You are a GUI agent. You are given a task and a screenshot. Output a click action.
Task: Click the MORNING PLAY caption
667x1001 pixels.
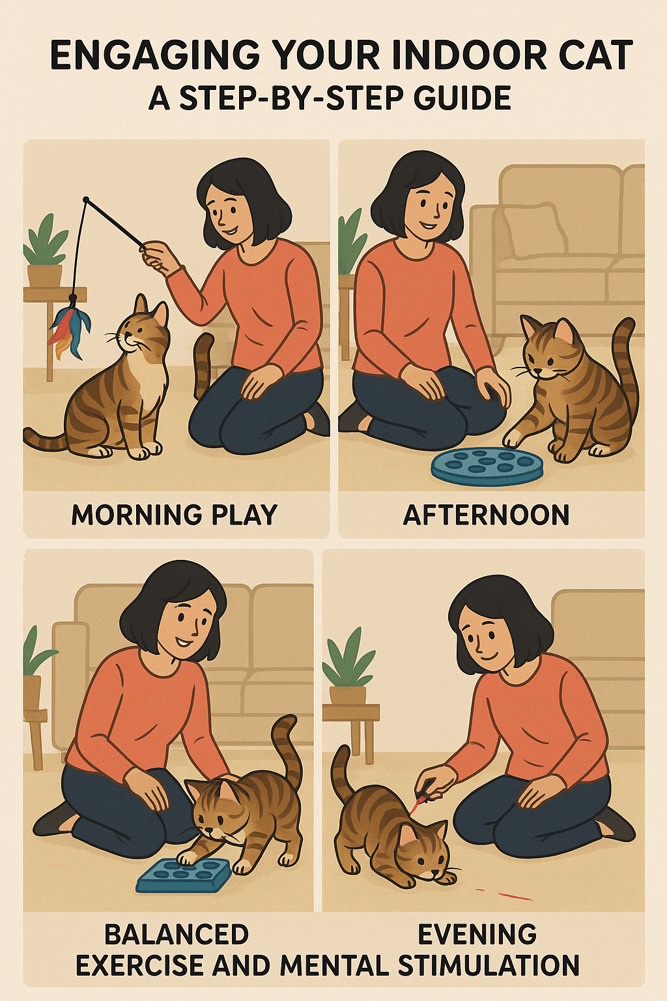point(174,515)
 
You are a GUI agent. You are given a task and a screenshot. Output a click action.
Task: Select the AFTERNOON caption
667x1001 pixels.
point(486,515)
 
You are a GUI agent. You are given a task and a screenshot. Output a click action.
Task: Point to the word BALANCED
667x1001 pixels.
point(176,935)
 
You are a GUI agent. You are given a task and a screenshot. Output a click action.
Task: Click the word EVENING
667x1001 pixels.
point(477,935)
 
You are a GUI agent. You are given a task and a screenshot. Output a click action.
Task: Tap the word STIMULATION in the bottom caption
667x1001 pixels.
point(489,965)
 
